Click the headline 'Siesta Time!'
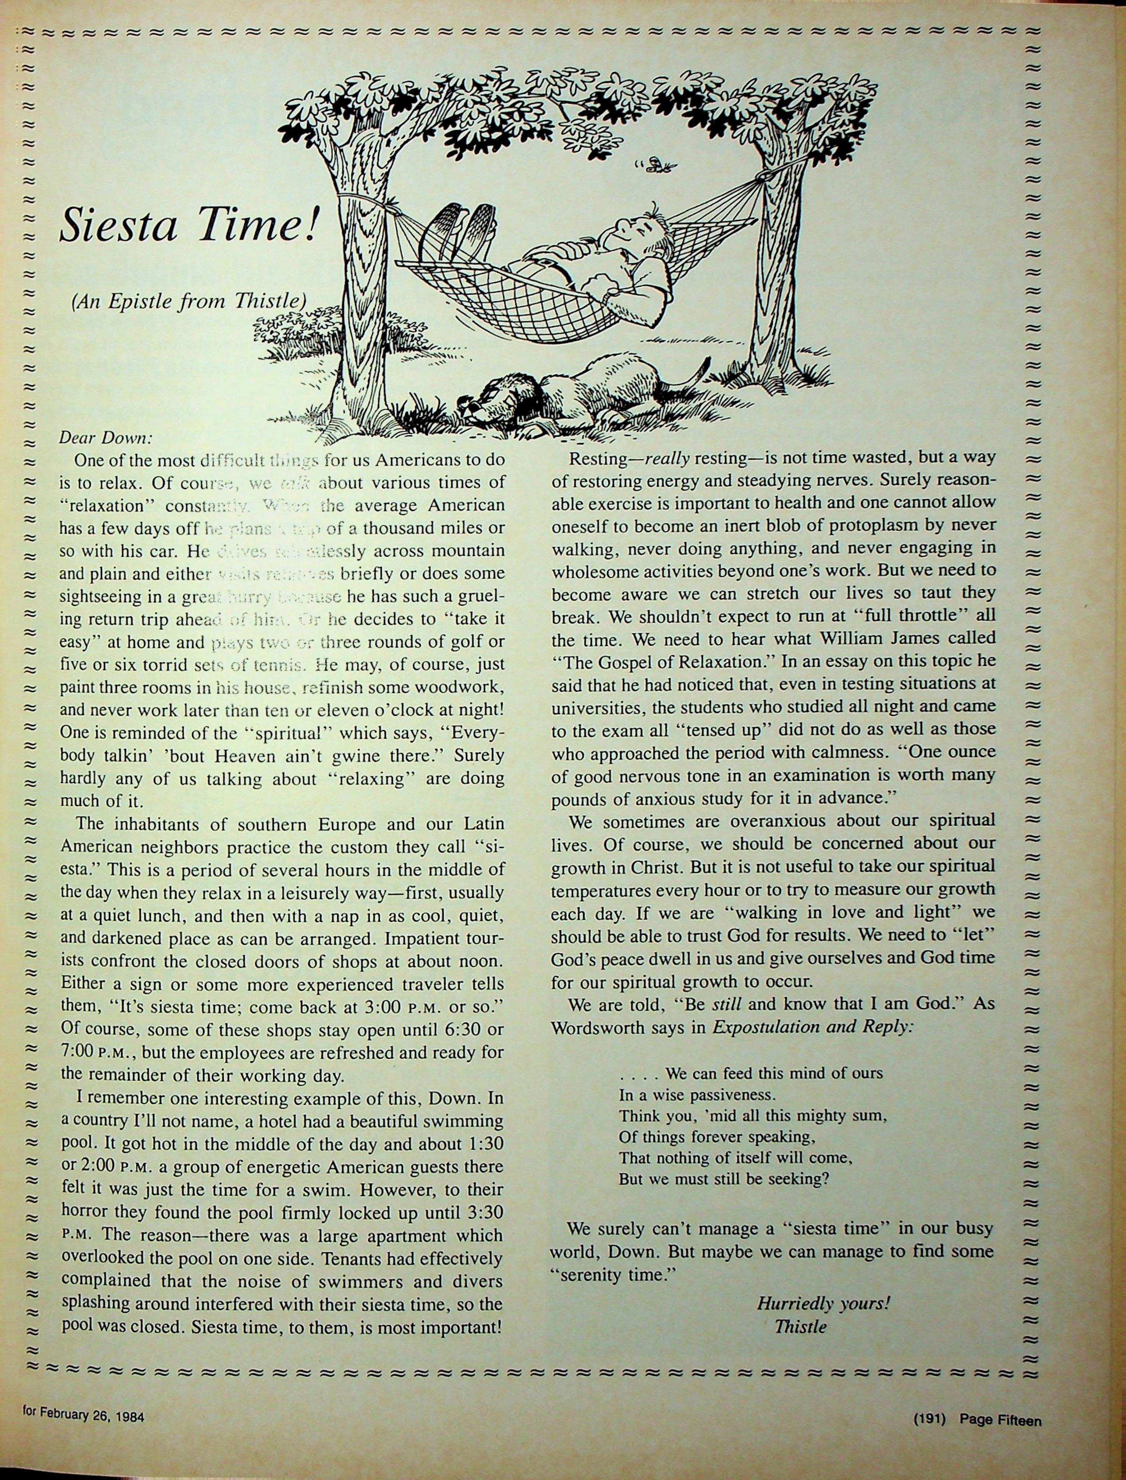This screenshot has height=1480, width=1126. [187, 225]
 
